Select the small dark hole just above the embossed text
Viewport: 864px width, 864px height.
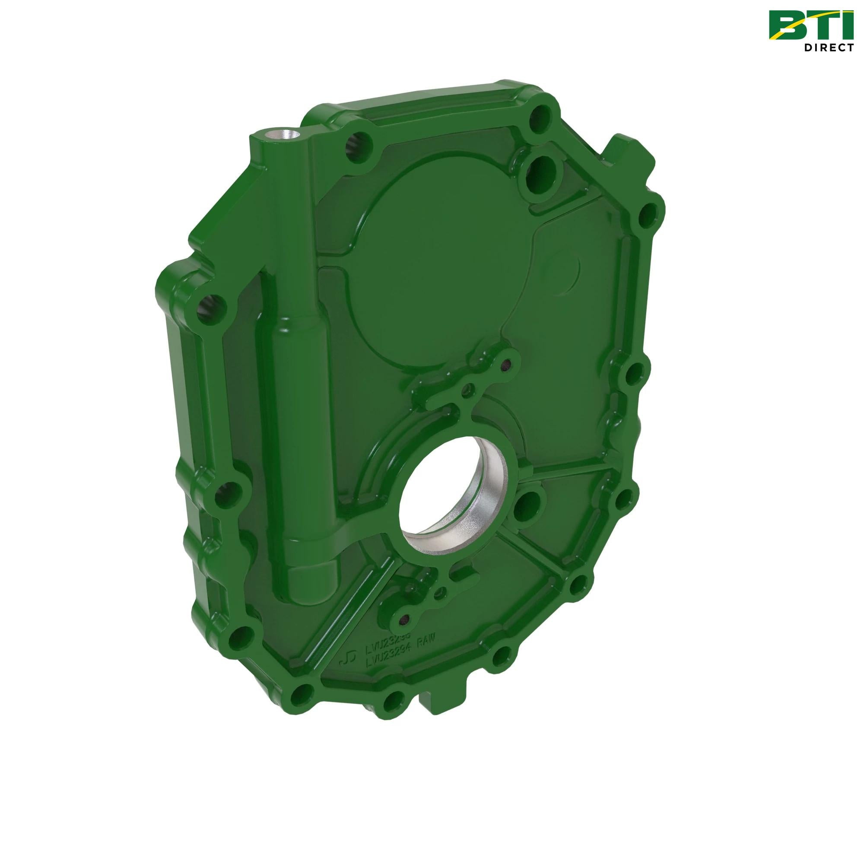pyautogui.click(x=403, y=619)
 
